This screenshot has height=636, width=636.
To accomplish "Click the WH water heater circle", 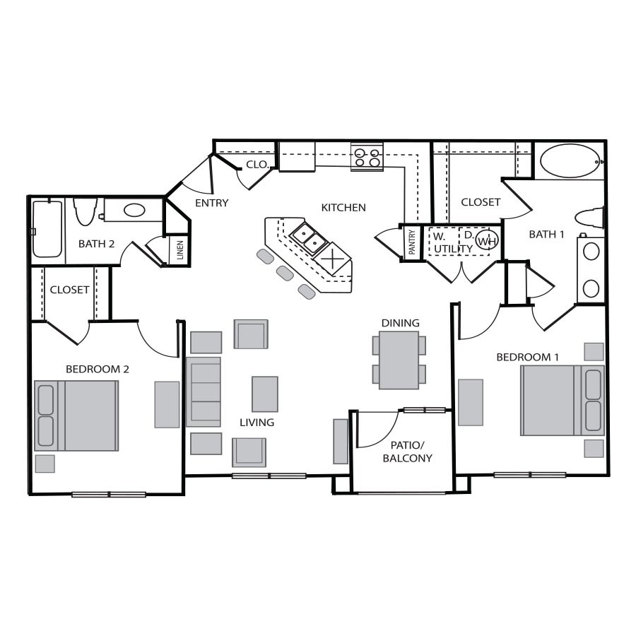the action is pos(486,240).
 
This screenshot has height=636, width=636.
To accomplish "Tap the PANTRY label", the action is pos(412,242).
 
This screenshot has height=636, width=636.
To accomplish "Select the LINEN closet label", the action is pos(180,250).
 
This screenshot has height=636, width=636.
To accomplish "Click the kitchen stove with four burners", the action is pos(367,158).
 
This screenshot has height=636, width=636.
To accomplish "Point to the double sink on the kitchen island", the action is pos(309,239).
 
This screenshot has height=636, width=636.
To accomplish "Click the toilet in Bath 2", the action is pos(85,211).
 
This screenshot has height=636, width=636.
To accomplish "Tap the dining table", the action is pos(399,360).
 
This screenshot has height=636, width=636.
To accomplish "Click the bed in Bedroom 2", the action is pos(76,416).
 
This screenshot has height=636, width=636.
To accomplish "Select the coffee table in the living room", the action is pos(265,394).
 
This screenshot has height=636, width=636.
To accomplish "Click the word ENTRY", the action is pos(212,203).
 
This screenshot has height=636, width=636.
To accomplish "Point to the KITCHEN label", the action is pos(343,208).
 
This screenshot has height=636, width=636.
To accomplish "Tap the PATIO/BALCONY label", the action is pos(407,452).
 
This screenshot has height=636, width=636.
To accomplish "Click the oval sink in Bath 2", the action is pos(134,210).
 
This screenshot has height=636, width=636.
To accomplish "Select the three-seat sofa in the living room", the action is pos(204,391).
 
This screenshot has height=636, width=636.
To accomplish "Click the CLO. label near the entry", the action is pos(257,165).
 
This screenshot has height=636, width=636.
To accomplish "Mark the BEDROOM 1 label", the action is pos(528,357).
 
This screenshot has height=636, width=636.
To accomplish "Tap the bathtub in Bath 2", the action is pos(47,229).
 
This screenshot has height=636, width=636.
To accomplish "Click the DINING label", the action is pos(401,323).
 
